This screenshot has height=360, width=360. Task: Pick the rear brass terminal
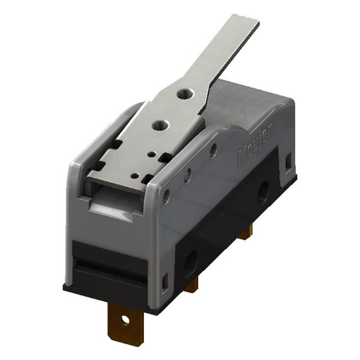[245, 232]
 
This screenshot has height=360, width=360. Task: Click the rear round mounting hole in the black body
[262, 196]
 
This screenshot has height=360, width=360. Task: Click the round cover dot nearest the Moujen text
[213, 150]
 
